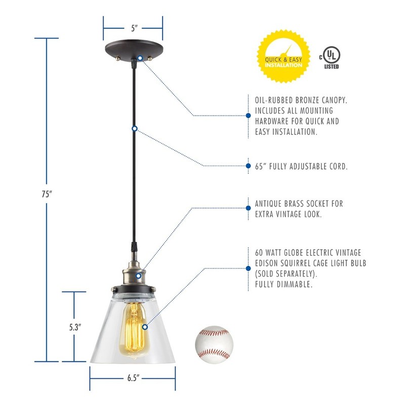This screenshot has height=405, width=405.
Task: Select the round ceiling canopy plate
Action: click(x=133, y=51)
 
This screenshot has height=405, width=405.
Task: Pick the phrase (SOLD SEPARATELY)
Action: click(x=282, y=273)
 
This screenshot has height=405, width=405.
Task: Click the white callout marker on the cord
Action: click(x=134, y=129)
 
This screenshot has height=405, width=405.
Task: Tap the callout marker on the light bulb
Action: click(x=145, y=327)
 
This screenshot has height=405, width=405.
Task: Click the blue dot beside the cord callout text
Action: click(x=248, y=166)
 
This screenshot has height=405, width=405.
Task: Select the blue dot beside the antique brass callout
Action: click(x=248, y=208)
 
